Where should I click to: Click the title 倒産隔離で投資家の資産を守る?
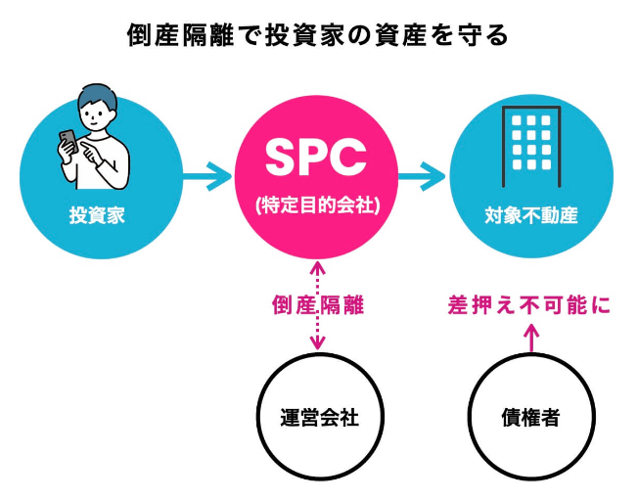318,35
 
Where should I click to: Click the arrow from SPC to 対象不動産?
422,178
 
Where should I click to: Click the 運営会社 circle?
316,418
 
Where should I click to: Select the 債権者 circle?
530,418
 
